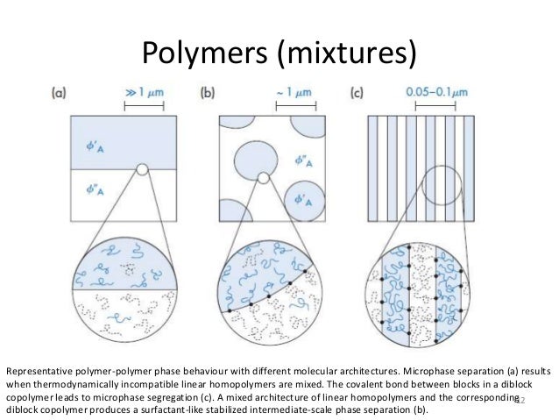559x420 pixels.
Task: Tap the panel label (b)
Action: point(210,91)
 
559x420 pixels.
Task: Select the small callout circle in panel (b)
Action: point(263,179)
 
